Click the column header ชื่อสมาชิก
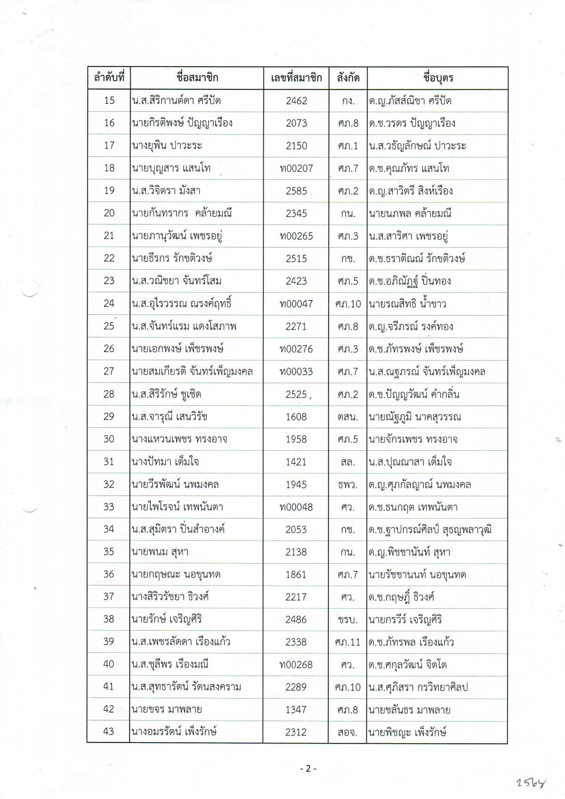pyautogui.click(x=197, y=78)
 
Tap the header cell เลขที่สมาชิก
pyautogui.click(x=296, y=78)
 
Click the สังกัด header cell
pyautogui.click(x=348, y=78)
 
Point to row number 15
pyautogui.click(x=109, y=100)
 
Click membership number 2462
pyautogui.click(x=297, y=100)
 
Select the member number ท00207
pyautogui.click(x=297, y=168)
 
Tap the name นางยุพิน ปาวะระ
pyautogui.click(x=167, y=146)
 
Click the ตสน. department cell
pyautogui.click(x=348, y=417)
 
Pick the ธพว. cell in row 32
pyautogui.click(x=348, y=484)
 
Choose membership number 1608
pyautogui.click(x=297, y=417)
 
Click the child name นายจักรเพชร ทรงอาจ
pyautogui.click(x=413, y=439)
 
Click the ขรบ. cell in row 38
pyautogui.click(x=348, y=620)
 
